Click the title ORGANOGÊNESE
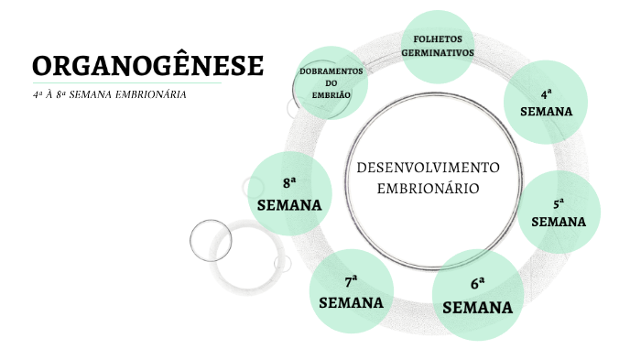tap(147, 66)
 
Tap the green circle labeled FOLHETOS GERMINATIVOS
tap(438, 47)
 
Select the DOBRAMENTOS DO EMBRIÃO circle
tap(331, 83)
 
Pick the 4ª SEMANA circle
tap(546, 103)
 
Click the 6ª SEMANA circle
tap(477, 294)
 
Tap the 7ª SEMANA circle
tap(351, 291)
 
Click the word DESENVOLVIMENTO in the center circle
tap(427, 169)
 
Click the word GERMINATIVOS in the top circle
tap(438, 53)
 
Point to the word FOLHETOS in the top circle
tap(438, 40)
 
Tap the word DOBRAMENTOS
tap(331, 71)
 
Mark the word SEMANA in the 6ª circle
tap(477, 307)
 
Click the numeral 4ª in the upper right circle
tap(547, 93)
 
